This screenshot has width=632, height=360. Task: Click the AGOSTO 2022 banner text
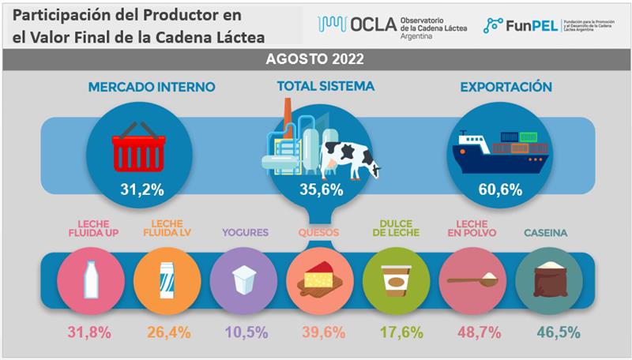pos(315,60)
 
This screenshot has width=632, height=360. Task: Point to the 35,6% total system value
pos(315,189)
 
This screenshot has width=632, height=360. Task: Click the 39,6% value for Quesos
pos(318,332)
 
